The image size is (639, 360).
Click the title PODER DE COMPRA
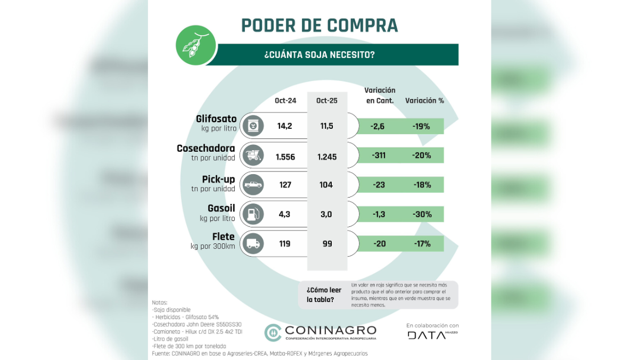click(319, 25)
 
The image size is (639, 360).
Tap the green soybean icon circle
click(195, 46)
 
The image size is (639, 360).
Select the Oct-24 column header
click(285, 101)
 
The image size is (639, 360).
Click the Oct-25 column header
click(327, 101)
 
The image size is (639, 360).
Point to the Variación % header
click(424, 101)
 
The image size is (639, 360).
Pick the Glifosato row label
click(216, 119)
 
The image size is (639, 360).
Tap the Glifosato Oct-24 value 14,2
click(285, 126)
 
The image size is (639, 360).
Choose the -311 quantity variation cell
click(379, 156)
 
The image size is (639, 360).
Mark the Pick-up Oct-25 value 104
click(326, 185)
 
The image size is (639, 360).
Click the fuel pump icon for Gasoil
click(253, 215)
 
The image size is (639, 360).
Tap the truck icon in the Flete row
click(253, 244)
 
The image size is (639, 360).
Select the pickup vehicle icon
click(253, 185)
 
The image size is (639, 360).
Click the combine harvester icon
click(253, 156)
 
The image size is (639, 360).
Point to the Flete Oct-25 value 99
click(327, 244)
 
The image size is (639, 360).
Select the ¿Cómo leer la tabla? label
click(324, 294)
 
